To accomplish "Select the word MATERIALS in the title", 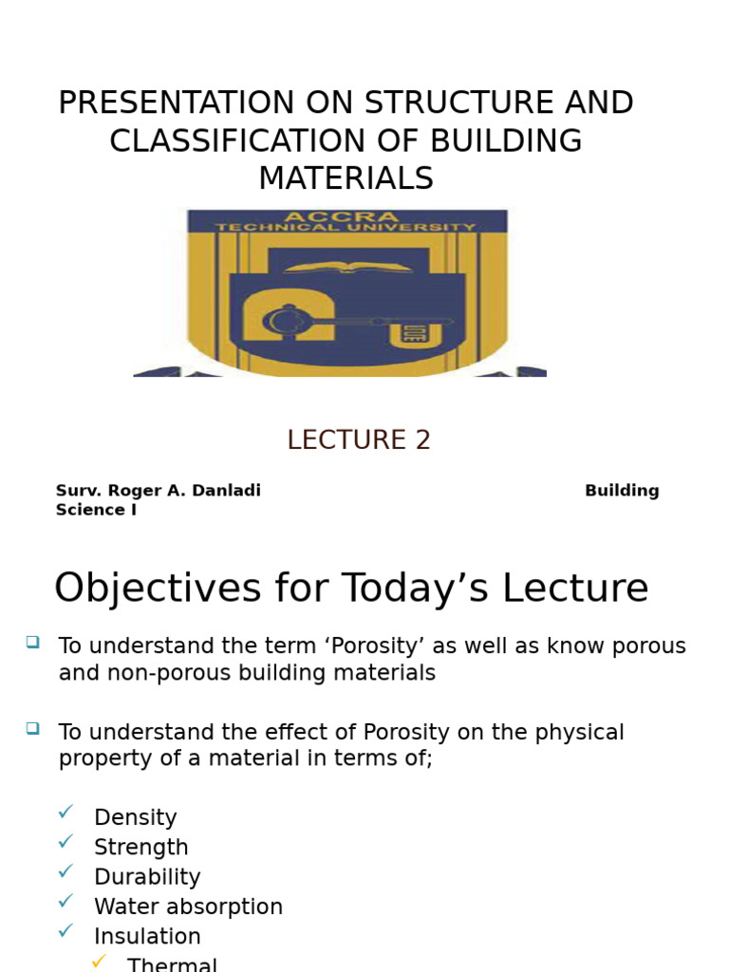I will [346, 178].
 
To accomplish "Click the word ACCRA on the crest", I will [346, 216].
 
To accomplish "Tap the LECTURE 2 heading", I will [359, 440].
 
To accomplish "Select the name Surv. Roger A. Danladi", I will [158, 491].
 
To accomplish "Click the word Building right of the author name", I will [622, 491].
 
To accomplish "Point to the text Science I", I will [96, 510].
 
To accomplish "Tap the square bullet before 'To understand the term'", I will [33, 643].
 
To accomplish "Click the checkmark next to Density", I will [65, 812].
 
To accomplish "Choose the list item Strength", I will [140, 848].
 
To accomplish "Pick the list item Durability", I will [147, 877].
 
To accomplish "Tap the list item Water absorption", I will [188, 907].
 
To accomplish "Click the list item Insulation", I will [147, 937].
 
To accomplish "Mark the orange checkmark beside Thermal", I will [99, 963].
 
